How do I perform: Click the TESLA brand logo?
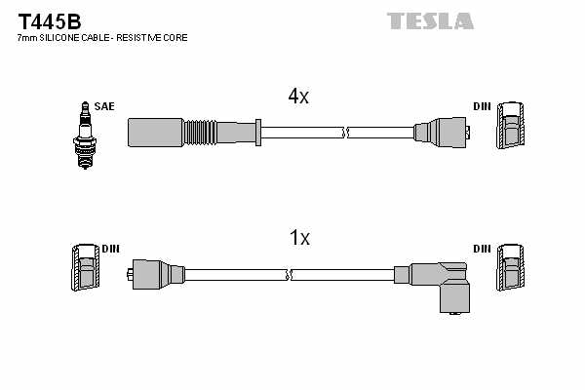[x=429, y=20]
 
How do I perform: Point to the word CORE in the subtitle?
[x=175, y=37]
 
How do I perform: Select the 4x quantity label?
[x=298, y=96]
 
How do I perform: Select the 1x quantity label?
[x=299, y=237]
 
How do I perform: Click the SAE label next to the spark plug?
[x=103, y=105]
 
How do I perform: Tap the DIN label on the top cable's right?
[x=483, y=105]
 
